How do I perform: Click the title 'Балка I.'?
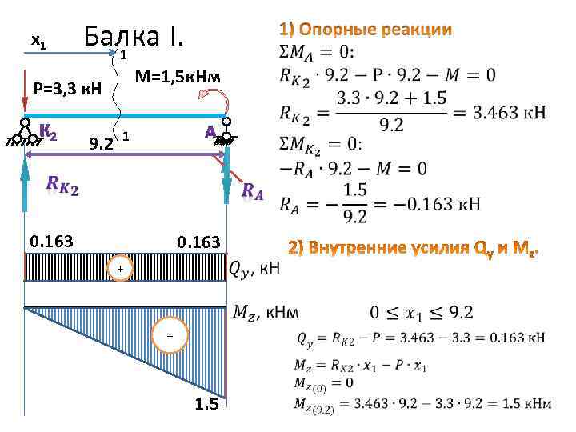coord(134,35)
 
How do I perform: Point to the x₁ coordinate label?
coord(38,39)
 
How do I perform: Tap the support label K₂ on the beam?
coord(47,131)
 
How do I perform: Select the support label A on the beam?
coord(211,132)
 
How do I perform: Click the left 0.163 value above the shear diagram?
coord(51,239)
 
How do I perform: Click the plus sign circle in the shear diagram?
coord(119,270)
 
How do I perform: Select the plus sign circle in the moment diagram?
coord(169,336)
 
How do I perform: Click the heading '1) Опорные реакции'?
coord(366,30)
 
